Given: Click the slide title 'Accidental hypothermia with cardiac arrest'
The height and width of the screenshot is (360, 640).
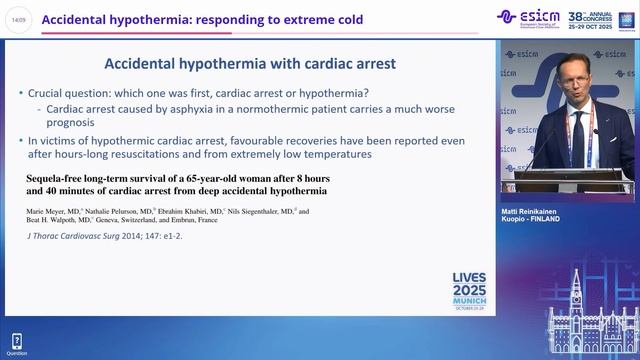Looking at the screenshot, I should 250,63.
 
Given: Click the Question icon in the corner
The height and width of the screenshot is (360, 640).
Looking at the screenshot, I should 17,343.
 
